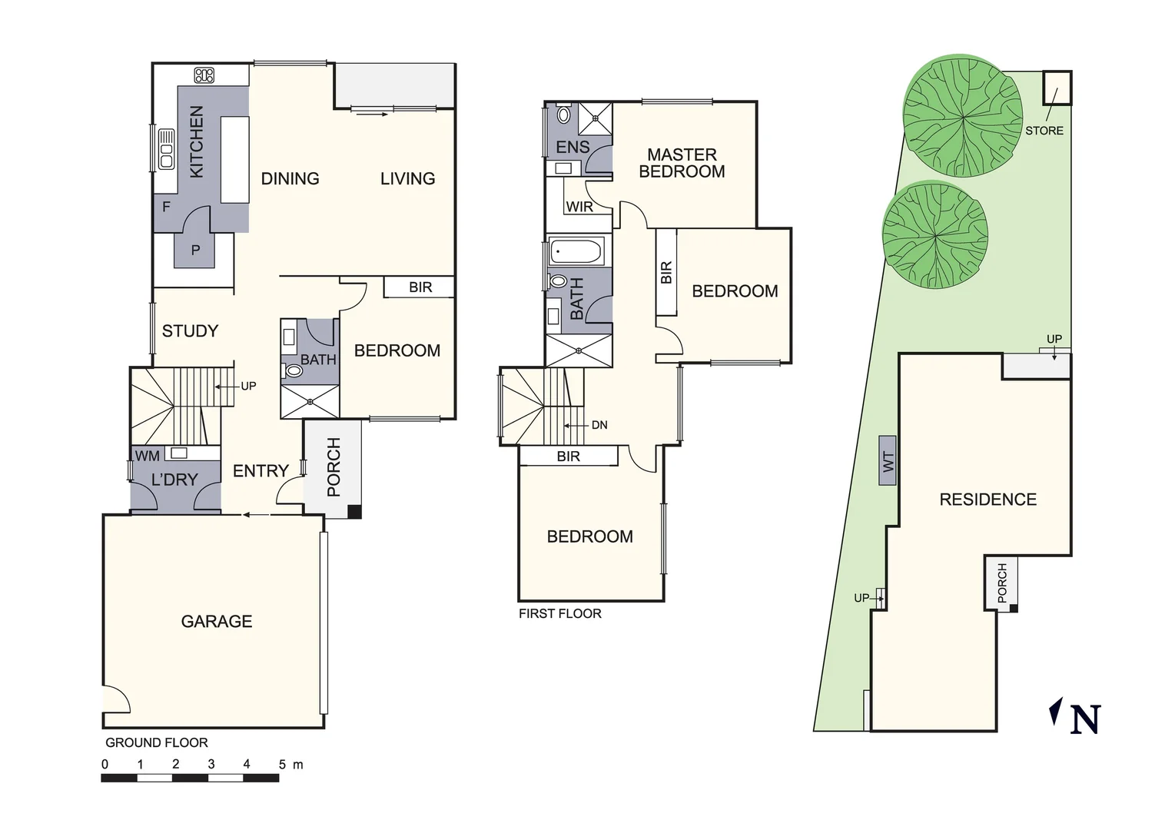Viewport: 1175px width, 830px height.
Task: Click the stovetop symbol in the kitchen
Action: pos(204,75)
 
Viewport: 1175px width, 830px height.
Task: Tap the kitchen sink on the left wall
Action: pos(166,149)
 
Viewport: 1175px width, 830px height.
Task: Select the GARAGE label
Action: pos(217,621)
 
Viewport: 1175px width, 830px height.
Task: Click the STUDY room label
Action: pos(190,331)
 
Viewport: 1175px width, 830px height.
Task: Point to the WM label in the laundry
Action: pos(148,456)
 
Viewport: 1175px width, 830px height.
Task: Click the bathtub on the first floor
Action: pos(576,251)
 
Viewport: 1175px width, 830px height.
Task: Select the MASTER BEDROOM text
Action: pos(682,164)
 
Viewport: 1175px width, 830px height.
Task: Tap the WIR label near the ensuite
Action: pos(579,207)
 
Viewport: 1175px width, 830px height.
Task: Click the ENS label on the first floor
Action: pos(573,147)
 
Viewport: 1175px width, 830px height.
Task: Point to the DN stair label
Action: pos(599,425)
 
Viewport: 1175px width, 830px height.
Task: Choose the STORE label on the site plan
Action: pos(1044,131)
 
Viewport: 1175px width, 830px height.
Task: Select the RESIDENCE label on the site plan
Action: pos(987,500)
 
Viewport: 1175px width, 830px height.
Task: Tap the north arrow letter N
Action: pos(1084,719)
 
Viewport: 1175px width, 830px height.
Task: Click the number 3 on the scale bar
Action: pos(211,765)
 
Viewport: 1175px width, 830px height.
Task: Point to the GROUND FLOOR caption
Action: pos(157,742)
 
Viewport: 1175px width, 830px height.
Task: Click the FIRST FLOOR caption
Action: pos(559,613)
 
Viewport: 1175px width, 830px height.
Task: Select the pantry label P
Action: pos(195,251)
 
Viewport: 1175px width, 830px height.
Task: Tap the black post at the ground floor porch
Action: pos(354,512)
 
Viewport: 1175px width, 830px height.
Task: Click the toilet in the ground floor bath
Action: pos(293,371)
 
